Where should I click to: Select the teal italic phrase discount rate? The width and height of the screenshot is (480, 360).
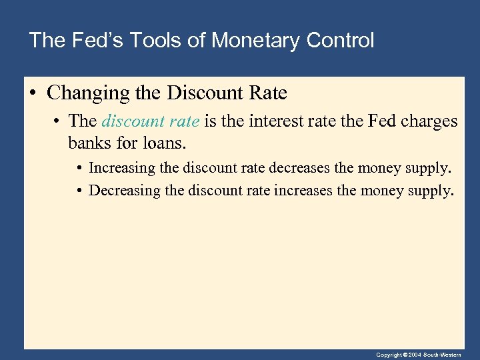(150, 121)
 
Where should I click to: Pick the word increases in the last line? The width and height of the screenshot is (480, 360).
(316, 191)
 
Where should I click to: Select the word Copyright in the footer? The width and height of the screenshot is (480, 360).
(390, 355)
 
